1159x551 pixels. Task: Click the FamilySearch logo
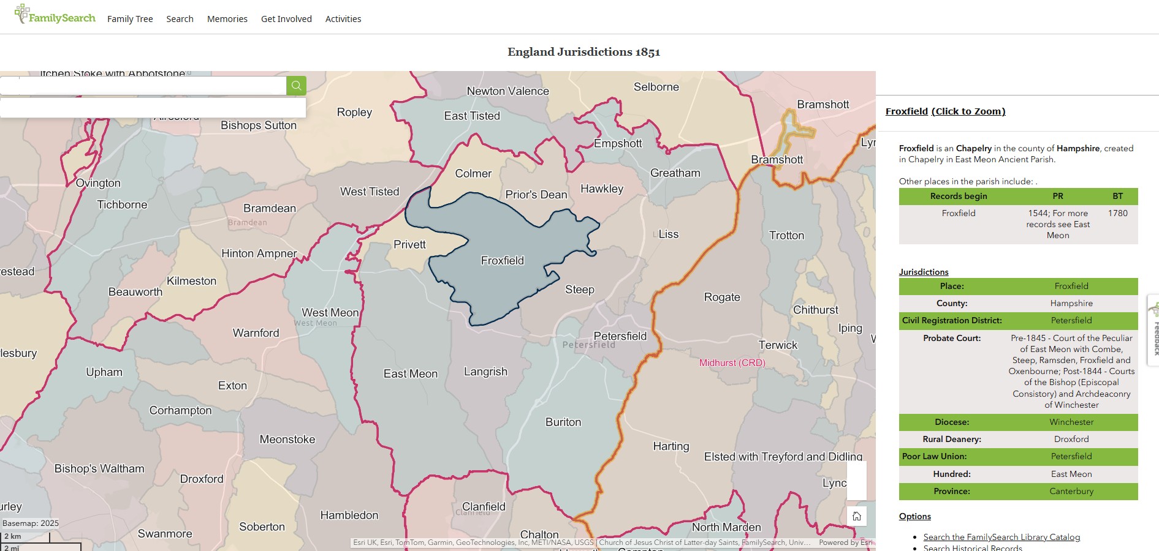point(55,15)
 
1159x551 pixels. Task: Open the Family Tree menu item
point(130,19)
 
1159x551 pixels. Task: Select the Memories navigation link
point(227,19)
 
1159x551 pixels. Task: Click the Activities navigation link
point(343,19)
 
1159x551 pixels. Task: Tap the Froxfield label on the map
point(502,261)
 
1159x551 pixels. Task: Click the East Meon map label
point(410,374)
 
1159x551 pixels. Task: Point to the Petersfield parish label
point(620,336)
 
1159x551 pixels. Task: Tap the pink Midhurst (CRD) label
point(732,363)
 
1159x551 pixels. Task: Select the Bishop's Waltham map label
point(99,469)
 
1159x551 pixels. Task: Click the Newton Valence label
point(507,91)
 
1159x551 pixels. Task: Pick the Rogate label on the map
point(721,298)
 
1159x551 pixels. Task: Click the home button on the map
point(856,516)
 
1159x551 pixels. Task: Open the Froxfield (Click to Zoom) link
point(945,111)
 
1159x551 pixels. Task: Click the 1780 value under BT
point(1117,213)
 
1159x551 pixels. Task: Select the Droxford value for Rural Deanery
point(1071,439)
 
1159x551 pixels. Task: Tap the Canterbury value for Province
point(1071,491)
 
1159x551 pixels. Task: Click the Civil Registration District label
point(951,320)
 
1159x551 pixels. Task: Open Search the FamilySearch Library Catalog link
point(1001,537)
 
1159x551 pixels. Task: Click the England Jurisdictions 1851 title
point(583,52)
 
